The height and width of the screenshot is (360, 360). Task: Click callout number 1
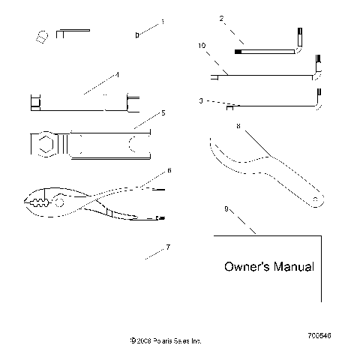[x=161, y=22]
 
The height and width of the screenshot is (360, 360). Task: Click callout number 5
[x=162, y=113]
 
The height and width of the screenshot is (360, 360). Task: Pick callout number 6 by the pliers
[x=169, y=170]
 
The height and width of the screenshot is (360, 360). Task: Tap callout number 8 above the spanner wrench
[x=238, y=127]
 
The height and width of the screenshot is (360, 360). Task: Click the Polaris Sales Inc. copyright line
[x=166, y=340]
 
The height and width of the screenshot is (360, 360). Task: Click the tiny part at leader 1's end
[x=137, y=34]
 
